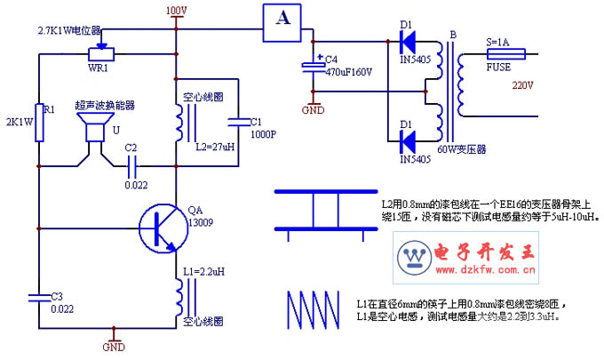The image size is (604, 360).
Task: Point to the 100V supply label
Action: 177,11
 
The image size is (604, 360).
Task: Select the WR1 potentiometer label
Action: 98,67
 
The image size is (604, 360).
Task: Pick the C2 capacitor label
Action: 131,147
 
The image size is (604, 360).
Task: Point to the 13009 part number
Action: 202,223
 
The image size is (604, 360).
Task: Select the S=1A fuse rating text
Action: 498,42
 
